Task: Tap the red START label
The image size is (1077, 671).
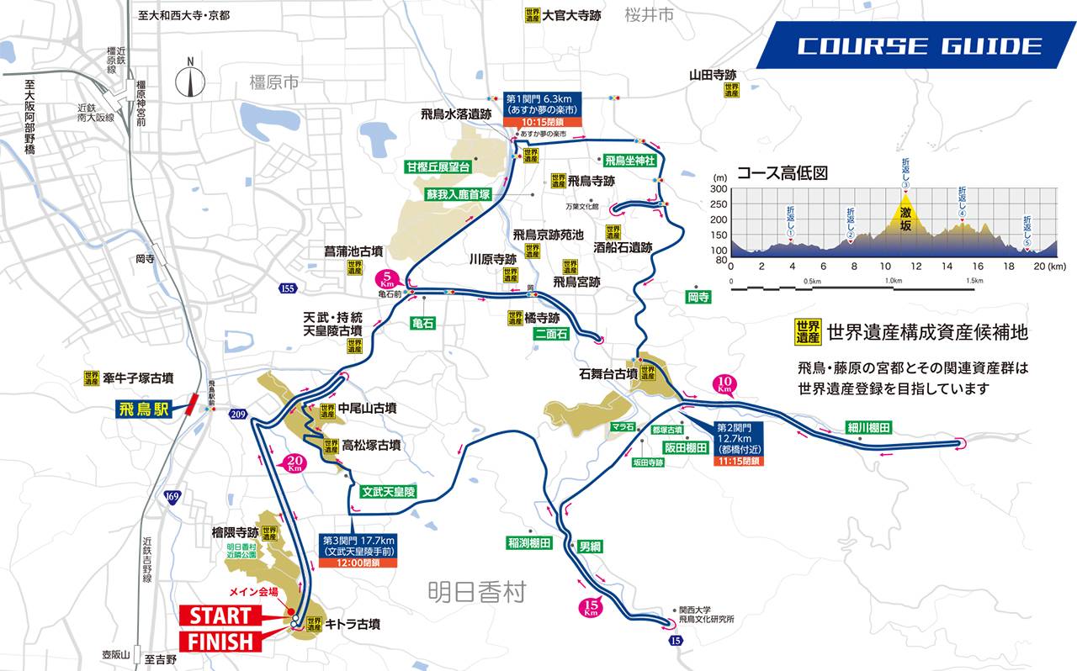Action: [220, 615]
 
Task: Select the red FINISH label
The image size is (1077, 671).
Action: [220, 642]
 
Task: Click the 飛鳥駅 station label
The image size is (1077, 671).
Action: [145, 410]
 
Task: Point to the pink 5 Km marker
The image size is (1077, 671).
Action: [387, 278]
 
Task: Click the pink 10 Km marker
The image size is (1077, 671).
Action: [724, 385]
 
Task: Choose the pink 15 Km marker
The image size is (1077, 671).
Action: [592, 607]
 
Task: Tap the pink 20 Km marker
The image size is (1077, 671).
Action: [294, 463]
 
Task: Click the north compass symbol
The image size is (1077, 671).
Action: [191, 80]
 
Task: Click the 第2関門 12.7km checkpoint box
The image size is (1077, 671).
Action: [739, 443]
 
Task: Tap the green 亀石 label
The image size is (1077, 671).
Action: [422, 323]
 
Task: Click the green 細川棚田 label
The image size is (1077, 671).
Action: [867, 428]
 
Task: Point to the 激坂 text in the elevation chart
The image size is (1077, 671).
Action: [905, 214]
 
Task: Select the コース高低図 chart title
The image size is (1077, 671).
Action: [783, 173]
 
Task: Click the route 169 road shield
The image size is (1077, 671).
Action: [172, 496]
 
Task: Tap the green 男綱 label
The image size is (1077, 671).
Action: [591, 545]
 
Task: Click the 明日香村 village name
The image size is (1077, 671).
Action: [475, 593]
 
